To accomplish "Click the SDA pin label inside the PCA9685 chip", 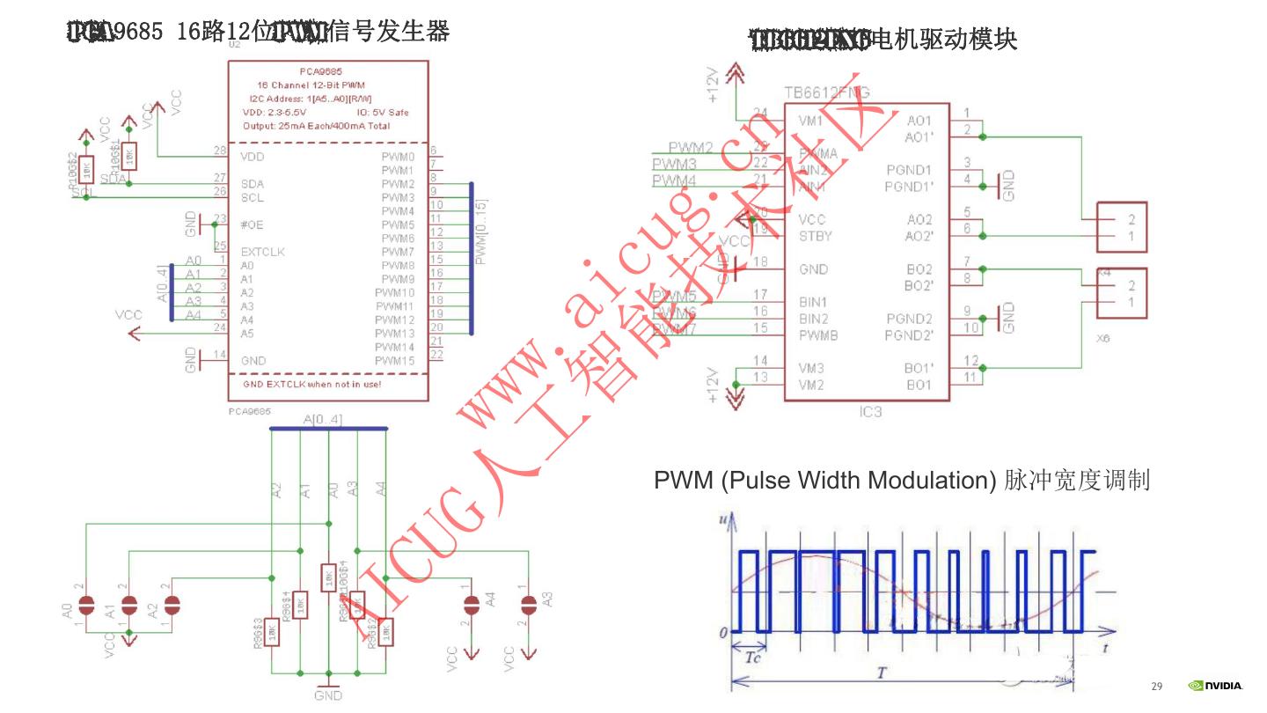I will click(253, 184).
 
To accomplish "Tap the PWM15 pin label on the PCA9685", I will click(394, 361).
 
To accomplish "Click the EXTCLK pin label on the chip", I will click(262, 252).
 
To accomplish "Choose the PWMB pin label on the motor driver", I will click(818, 334).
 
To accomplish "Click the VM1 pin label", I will click(810, 121).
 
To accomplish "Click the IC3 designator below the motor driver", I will click(870, 411).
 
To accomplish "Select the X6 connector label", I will click(1103, 337).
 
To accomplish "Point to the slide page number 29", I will click(1157, 687).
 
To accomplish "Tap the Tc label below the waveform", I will click(753, 658).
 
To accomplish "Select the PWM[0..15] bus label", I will click(480, 231).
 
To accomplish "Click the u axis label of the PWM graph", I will click(723, 520).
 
